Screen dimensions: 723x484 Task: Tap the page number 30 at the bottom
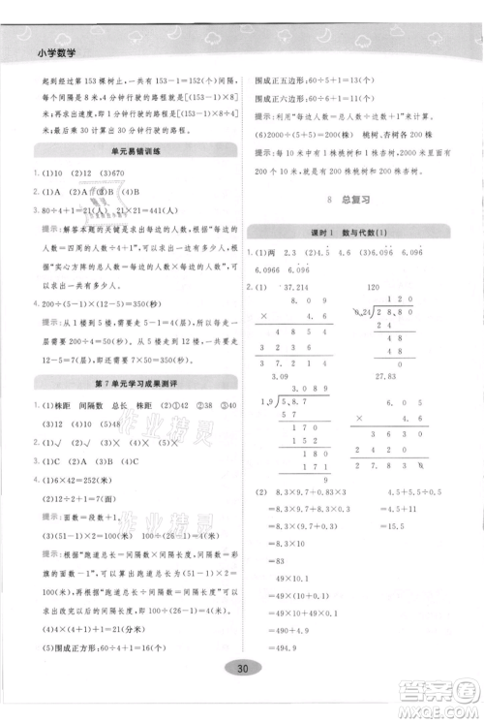point(242,695)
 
